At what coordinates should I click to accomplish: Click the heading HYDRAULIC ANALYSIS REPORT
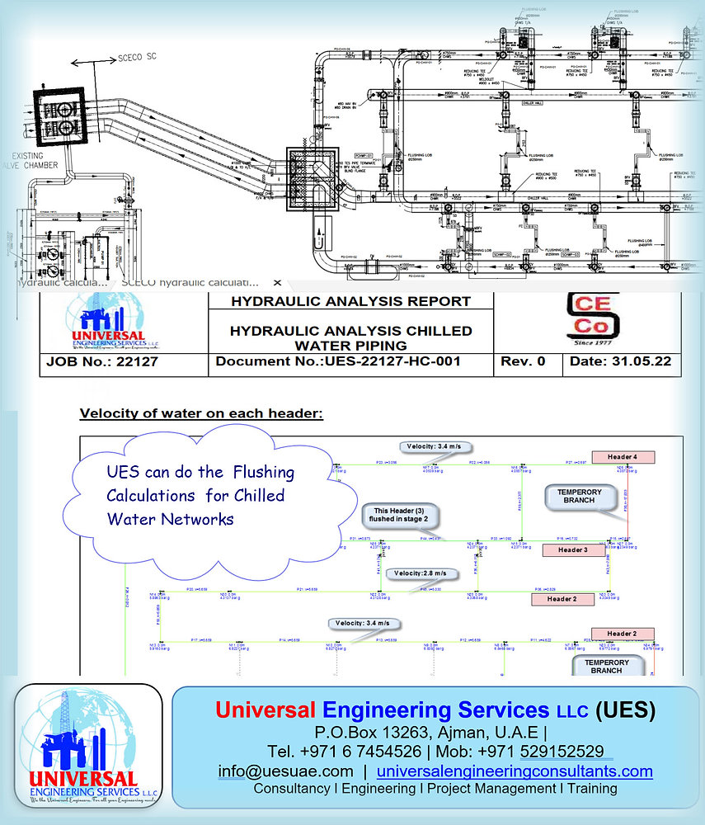350,301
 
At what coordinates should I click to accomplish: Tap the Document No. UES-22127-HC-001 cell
350,361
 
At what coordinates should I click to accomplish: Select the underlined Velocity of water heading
201,412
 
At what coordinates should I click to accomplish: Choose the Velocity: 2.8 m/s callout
421,573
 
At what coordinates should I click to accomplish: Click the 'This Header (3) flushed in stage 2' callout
400,517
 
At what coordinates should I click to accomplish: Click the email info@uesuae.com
285,771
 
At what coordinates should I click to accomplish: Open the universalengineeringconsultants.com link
515,771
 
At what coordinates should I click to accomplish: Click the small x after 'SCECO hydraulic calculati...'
277,282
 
